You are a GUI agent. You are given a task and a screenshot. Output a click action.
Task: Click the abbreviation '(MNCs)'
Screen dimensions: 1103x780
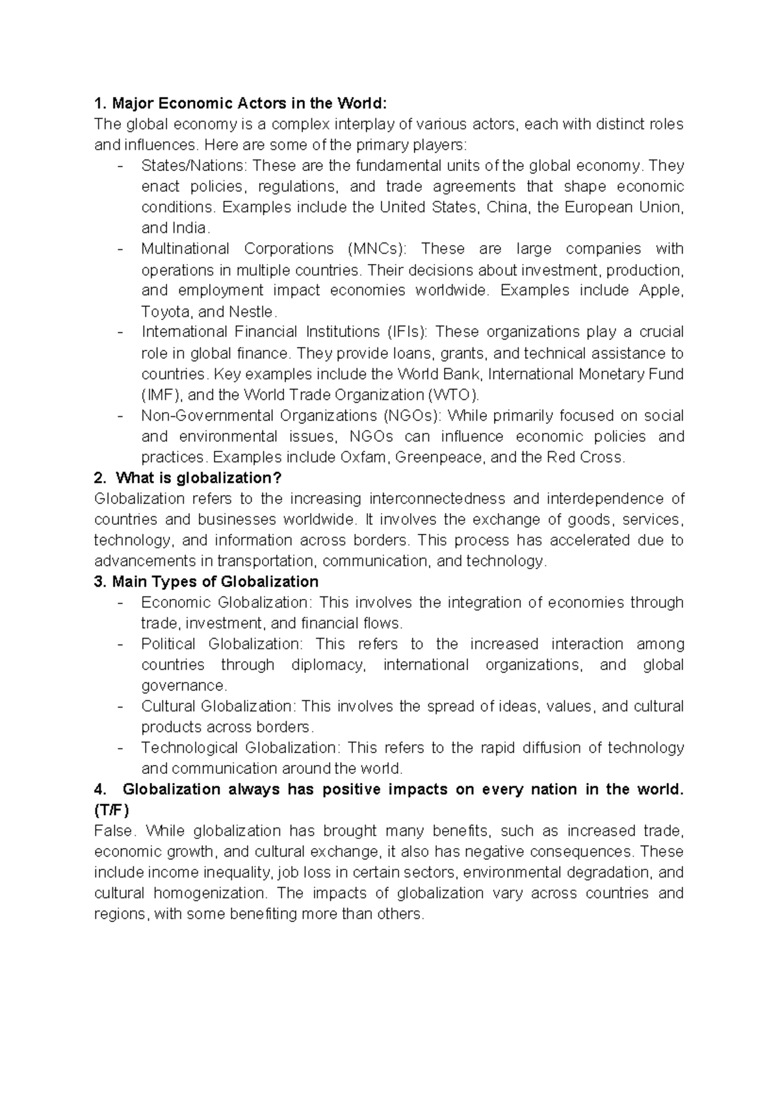375,249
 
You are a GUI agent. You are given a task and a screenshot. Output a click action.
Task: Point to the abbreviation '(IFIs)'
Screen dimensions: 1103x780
407,332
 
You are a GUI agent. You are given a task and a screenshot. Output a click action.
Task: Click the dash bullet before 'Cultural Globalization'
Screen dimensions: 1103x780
120,706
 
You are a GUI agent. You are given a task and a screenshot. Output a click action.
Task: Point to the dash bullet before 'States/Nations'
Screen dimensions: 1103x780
120,166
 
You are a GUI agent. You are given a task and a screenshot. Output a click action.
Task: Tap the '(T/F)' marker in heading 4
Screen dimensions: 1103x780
112,810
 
